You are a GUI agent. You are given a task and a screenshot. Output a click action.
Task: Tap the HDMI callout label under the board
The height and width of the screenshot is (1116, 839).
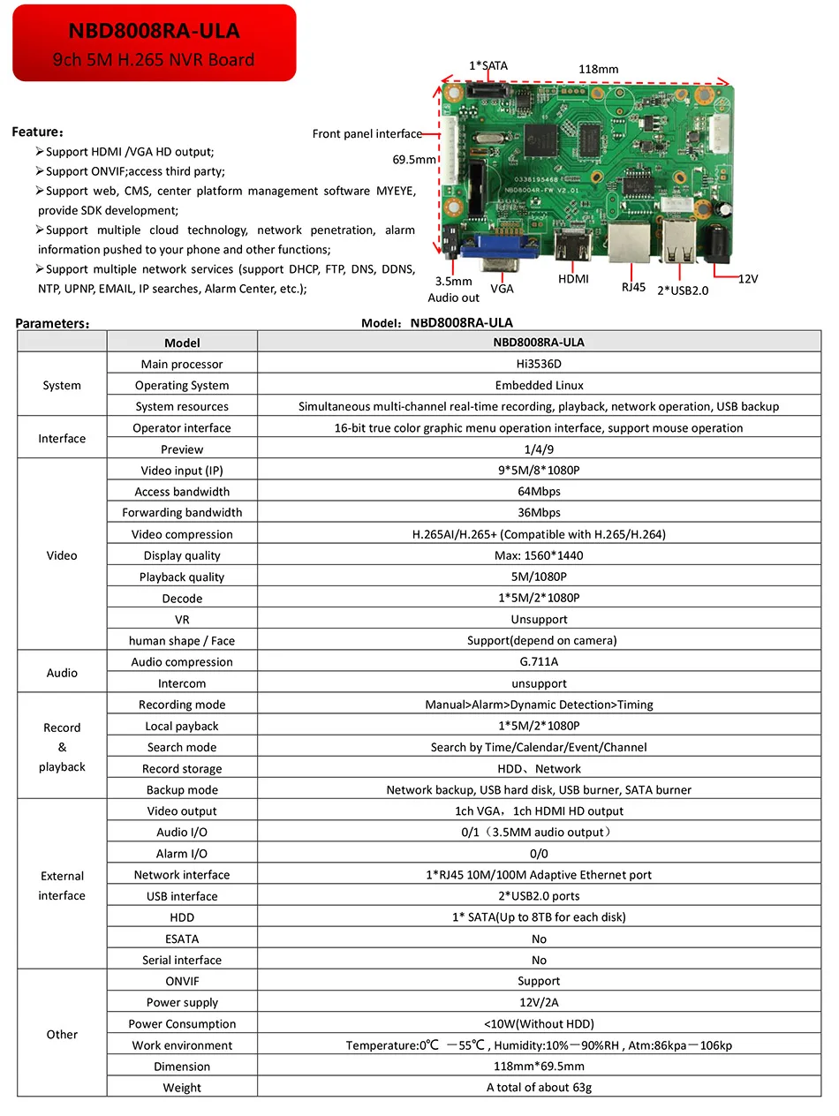coord(573,279)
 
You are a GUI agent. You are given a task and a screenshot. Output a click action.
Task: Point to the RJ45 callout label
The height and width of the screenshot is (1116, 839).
coord(633,286)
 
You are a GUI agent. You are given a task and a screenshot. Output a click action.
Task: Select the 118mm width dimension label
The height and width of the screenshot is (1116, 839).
coord(598,69)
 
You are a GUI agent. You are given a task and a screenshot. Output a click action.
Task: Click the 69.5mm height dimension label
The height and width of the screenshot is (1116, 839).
coord(414,160)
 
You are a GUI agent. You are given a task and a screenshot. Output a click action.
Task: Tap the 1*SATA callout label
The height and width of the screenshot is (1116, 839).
coord(488,65)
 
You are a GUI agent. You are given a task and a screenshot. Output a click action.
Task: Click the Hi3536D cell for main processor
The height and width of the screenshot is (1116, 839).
coord(539,364)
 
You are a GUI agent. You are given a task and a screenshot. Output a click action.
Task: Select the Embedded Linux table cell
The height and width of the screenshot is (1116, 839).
coord(539,385)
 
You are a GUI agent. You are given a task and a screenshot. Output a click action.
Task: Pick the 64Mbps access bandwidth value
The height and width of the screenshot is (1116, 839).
coord(539,491)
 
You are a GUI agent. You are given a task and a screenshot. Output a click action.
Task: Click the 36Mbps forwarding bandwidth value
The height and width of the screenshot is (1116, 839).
coord(539,512)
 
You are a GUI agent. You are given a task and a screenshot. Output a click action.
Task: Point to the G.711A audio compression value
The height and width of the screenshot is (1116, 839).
coord(539,661)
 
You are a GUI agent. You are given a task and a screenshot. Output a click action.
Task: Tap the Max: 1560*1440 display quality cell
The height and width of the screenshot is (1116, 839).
coord(539,555)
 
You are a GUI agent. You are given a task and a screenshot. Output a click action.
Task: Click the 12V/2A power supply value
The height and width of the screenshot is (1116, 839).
coord(539,1002)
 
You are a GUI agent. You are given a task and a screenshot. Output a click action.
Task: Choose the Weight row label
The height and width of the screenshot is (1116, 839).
coord(182,1088)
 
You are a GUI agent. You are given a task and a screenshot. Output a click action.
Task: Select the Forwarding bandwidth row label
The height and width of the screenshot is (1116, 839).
coord(182,512)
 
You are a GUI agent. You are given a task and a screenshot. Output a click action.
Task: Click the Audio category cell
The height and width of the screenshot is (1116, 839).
coord(62,673)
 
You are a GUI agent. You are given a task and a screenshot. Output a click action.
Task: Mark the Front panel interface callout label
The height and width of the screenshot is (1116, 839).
coord(367,134)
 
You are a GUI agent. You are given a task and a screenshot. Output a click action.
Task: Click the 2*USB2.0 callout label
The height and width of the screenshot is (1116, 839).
coord(683,290)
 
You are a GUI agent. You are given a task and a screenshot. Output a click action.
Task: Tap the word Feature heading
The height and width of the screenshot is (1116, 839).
coord(36,132)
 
